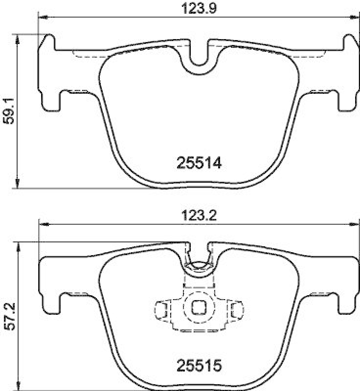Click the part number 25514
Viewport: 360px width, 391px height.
(x=198, y=163)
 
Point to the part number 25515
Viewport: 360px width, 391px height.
(x=198, y=364)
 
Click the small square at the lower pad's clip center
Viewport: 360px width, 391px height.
(x=198, y=307)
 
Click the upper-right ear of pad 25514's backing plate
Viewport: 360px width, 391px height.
(x=348, y=42)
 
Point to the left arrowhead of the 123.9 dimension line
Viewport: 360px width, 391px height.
(x=42, y=18)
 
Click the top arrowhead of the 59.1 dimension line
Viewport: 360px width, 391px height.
(x=18, y=39)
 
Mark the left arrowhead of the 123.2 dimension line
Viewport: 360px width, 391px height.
(x=43, y=224)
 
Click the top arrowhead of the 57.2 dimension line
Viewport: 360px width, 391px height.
(x=18, y=246)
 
